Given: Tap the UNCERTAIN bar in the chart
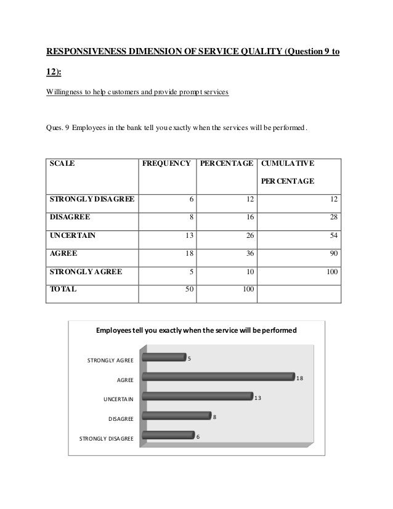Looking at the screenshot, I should (x=197, y=396).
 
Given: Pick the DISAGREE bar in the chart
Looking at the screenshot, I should (x=176, y=416).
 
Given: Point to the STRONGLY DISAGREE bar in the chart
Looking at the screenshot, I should (x=168, y=436).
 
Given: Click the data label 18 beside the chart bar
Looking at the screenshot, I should (x=299, y=378).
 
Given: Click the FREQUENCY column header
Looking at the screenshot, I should (x=166, y=164).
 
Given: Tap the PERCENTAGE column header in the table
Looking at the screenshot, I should (x=226, y=164).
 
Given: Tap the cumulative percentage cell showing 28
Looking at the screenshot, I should (x=333, y=218).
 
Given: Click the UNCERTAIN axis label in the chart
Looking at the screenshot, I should (x=118, y=399).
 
